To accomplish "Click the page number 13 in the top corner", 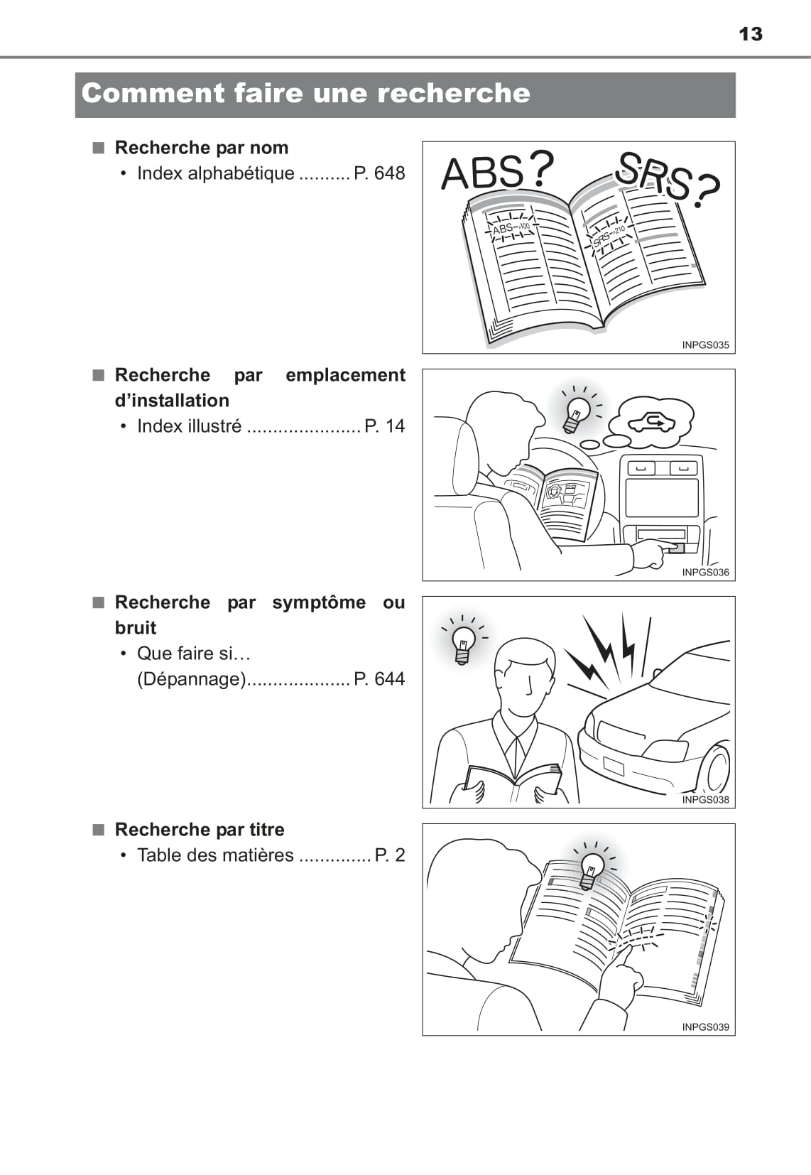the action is (x=751, y=34).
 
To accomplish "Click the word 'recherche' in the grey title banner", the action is (x=454, y=93).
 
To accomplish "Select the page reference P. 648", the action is (x=379, y=173).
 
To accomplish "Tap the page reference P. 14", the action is (x=384, y=426).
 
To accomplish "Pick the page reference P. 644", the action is (x=379, y=678).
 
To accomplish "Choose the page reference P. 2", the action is (x=390, y=855).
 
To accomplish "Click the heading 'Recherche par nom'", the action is (x=202, y=147).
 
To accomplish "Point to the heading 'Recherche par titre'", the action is (x=200, y=829).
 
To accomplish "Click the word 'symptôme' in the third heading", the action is (x=319, y=602).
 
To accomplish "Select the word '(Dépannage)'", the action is (x=191, y=679).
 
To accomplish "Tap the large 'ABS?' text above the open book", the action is (x=498, y=170).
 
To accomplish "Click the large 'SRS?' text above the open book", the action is (x=668, y=179).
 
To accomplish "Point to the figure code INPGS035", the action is (x=706, y=345).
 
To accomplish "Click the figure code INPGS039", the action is (x=706, y=1027).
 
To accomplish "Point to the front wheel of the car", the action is (x=718, y=771).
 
